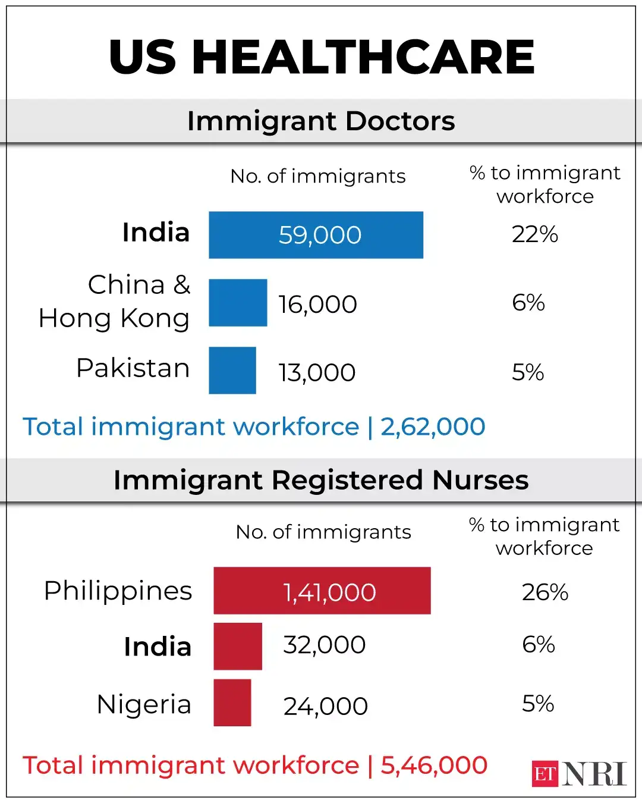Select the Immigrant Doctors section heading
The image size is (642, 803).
(321, 121)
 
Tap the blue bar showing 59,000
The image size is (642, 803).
(316, 235)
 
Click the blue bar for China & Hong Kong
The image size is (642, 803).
(238, 303)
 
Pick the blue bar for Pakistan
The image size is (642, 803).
(232, 371)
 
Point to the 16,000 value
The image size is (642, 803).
(317, 305)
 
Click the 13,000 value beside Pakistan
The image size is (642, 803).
(317, 373)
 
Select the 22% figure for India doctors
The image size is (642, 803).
(534, 234)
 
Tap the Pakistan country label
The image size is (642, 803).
(133, 368)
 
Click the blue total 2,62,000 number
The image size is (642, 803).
(433, 426)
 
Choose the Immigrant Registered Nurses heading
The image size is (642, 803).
(321, 480)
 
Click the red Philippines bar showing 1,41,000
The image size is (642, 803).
(322, 591)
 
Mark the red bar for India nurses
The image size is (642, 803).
(238, 647)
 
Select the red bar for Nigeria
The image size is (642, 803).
(232, 702)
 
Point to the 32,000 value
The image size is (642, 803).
(324, 645)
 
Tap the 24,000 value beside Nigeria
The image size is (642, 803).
(325, 707)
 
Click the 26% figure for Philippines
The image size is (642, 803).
(545, 592)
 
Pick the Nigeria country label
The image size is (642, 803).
(144, 704)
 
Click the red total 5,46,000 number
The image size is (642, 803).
(434, 766)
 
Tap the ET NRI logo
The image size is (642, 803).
(578, 774)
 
